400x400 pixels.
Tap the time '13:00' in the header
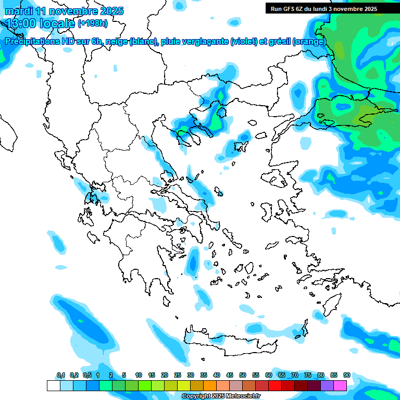click(x=25, y=23)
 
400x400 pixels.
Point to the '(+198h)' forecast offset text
click(x=92, y=23)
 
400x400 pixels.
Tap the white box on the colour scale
click(x=53, y=385)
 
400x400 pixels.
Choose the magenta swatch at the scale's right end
click(x=340, y=385)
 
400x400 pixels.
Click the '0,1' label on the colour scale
click(x=61, y=375)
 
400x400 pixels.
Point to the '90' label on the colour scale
click(x=347, y=375)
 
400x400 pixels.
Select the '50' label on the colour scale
click(x=243, y=375)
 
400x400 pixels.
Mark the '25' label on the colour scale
click(x=178, y=375)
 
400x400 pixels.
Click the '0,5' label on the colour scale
click(x=87, y=375)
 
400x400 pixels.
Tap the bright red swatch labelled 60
click(x=275, y=385)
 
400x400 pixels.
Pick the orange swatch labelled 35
click(x=210, y=385)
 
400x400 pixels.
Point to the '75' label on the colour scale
click(x=308, y=375)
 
